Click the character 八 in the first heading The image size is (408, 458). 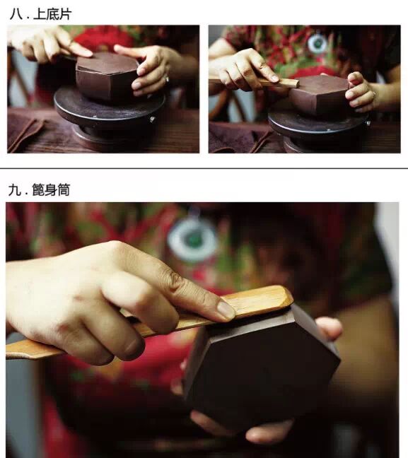pyautogui.click(x=16, y=14)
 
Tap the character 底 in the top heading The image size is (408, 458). pyautogui.click(x=52, y=14)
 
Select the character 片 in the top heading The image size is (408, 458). pyautogui.click(x=66, y=14)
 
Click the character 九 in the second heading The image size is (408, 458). pyautogui.click(x=14, y=190)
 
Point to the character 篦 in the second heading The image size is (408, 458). pyautogui.click(x=38, y=189)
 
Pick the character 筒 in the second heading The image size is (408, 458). pyautogui.click(x=64, y=189)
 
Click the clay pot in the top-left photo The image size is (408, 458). pyautogui.click(x=106, y=76)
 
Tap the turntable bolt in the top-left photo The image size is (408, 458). pyautogui.click(x=152, y=119)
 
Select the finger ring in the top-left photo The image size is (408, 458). pyautogui.click(x=167, y=78)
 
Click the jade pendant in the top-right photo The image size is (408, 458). pyautogui.click(x=317, y=44)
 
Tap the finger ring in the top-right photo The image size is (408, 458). pyautogui.click(x=374, y=94)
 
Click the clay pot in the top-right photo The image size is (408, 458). pyautogui.click(x=320, y=95)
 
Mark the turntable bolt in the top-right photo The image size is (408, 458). pyautogui.click(x=368, y=122)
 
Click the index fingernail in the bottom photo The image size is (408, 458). pyautogui.click(x=226, y=310)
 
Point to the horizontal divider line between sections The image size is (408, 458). pyautogui.click(x=204, y=168)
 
